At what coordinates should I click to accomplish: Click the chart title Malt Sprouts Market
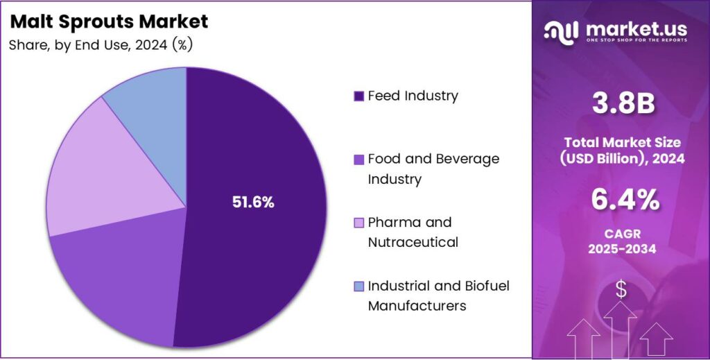(x=109, y=22)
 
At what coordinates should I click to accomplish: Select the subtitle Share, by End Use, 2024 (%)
(x=101, y=45)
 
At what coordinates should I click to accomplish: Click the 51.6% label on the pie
(x=252, y=203)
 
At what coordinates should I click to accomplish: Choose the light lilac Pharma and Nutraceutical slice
(x=97, y=180)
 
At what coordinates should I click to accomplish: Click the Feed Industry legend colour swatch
(x=358, y=96)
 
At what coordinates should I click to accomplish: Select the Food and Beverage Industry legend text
(x=433, y=169)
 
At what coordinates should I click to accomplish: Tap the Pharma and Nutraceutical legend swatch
(x=358, y=223)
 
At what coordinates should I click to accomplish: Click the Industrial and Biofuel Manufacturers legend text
(x=438, y=295)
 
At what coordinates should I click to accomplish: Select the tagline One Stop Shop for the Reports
(x=637, y=41)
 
